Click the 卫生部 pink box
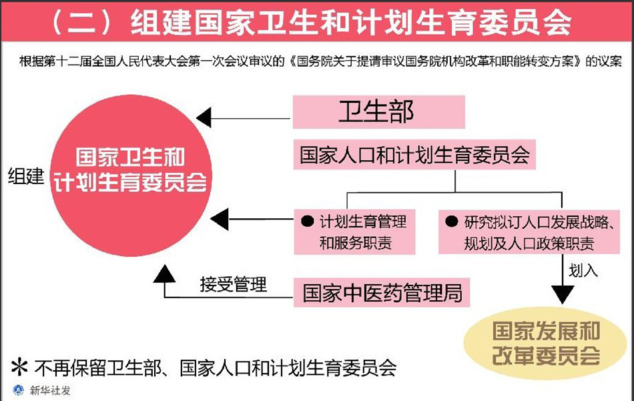pos(378,111)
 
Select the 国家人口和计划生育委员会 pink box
pos(414,155)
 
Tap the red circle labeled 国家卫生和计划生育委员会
pos(131,169)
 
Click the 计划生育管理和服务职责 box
pos(354,232)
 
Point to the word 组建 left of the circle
pos(26,177)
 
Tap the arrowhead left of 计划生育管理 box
pos(220,219)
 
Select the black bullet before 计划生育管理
pos(308,221)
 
